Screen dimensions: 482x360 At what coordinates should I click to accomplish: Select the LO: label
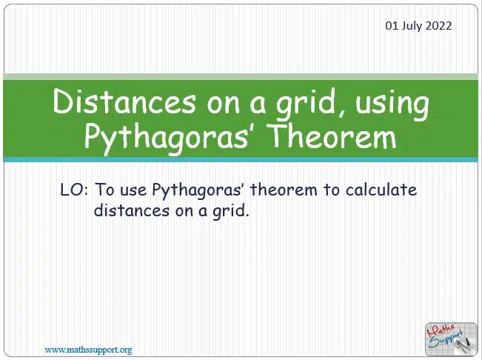[74, 190]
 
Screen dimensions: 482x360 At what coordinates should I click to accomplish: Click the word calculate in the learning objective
[381, 190]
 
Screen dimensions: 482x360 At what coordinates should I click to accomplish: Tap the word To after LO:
[104, 190]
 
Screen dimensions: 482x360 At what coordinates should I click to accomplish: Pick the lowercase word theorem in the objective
[284, 190]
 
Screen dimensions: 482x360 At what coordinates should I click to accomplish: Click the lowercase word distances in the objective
[132, 210]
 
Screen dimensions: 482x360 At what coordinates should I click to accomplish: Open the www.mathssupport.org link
[89, 350]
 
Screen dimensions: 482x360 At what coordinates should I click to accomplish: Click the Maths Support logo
[451, 339]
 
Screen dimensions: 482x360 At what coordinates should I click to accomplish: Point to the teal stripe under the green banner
[241, 159]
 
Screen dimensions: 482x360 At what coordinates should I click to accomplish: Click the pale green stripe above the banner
[241, 77]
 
